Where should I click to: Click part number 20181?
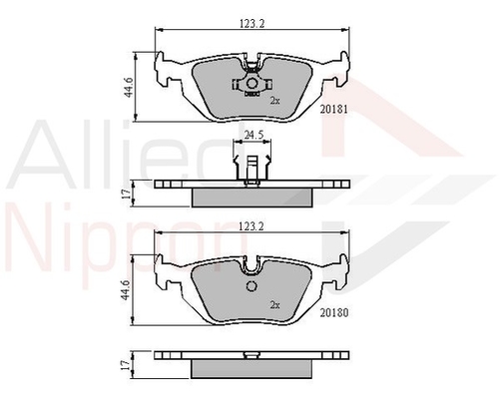tap(333, 109)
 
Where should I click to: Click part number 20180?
tap(334, 312)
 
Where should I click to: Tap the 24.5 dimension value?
tap(253, 135)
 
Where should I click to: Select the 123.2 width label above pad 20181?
tap(251, 24)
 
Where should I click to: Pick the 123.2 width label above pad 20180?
tap(251, 226)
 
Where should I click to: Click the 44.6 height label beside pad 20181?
tap(129, 87)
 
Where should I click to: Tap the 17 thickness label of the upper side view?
tap(126, 194)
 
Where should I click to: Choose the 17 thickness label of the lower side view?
tap(126, 365)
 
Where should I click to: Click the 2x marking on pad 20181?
tap(274, 101)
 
